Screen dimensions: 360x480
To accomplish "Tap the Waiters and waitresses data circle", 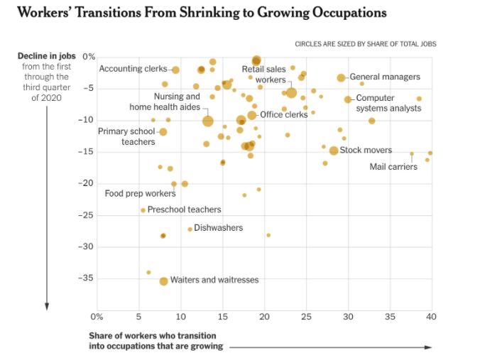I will (163, 281).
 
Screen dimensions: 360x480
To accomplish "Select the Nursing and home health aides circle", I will (207, 121).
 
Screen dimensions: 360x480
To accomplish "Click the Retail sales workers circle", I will (291, 92).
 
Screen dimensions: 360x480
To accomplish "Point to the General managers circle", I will (341, 77).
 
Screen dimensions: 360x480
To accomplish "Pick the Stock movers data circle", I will (334, 151).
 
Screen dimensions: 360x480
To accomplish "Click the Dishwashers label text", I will (218, 228).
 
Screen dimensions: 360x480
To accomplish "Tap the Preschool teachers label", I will (184, 209).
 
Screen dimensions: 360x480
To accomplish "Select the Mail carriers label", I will (393, 167).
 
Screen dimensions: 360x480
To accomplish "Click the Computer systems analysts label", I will (388, 103).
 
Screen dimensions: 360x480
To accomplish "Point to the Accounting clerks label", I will (133, 69).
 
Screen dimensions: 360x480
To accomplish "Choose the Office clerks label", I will (283, 114).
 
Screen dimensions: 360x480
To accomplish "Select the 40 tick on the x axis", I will (430, 316).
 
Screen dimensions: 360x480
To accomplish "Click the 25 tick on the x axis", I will (305, 316).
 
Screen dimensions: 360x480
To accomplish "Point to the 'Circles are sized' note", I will (365, 44).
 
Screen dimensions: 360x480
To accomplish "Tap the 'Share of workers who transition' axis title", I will (153, 336).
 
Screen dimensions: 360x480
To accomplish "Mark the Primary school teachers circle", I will (163, 132).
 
